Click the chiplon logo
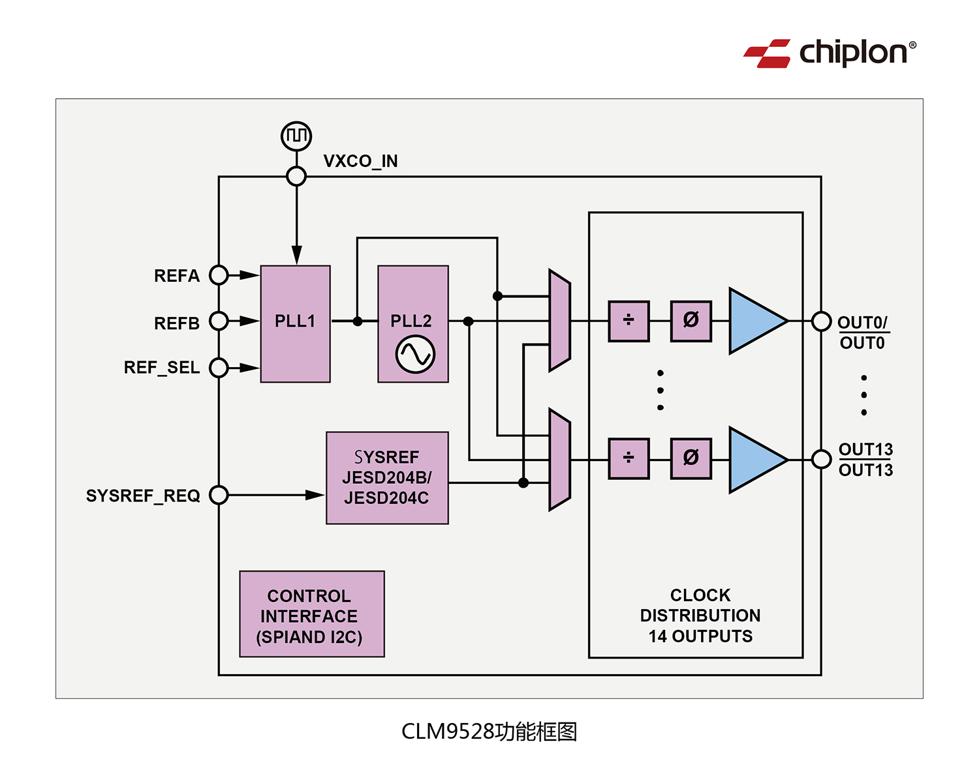[830, 53]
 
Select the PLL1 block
[295, 323]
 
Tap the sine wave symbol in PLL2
[415, 354]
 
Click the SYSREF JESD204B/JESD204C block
[387, 477]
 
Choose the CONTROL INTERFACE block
[312, 614]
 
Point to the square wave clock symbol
[296, 136]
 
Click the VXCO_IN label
[360, 161]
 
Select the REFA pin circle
[219, 275]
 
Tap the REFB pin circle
[219, 321]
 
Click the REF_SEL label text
[162, 368]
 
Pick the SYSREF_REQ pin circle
[219, 495]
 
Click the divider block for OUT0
[629, 321]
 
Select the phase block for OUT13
[691, 458]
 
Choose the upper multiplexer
[559, 321]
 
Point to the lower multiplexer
[559, 460]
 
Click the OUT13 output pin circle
[821, 459]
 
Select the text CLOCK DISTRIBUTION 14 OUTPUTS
[700, 616]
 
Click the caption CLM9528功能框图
[489, 732]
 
